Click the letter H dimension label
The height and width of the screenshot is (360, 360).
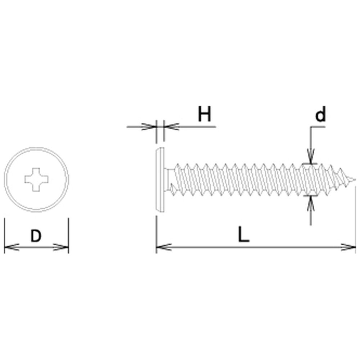tap(204, 114)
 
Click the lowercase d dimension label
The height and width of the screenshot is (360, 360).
tap(320, 114)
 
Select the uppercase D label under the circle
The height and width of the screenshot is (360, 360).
tap(36, 236)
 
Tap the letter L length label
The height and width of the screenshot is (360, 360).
tap(243, 234)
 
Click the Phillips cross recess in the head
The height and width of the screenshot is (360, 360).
tap(36, 180)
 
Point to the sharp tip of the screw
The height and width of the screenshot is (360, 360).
tap(355, 180)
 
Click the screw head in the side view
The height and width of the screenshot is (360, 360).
tap(160, 180)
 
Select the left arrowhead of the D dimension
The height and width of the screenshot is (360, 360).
tap(12, 247)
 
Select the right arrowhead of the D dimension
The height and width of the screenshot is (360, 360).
tap(61, 247)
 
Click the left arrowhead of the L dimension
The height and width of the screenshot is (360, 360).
tap(164, 247)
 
